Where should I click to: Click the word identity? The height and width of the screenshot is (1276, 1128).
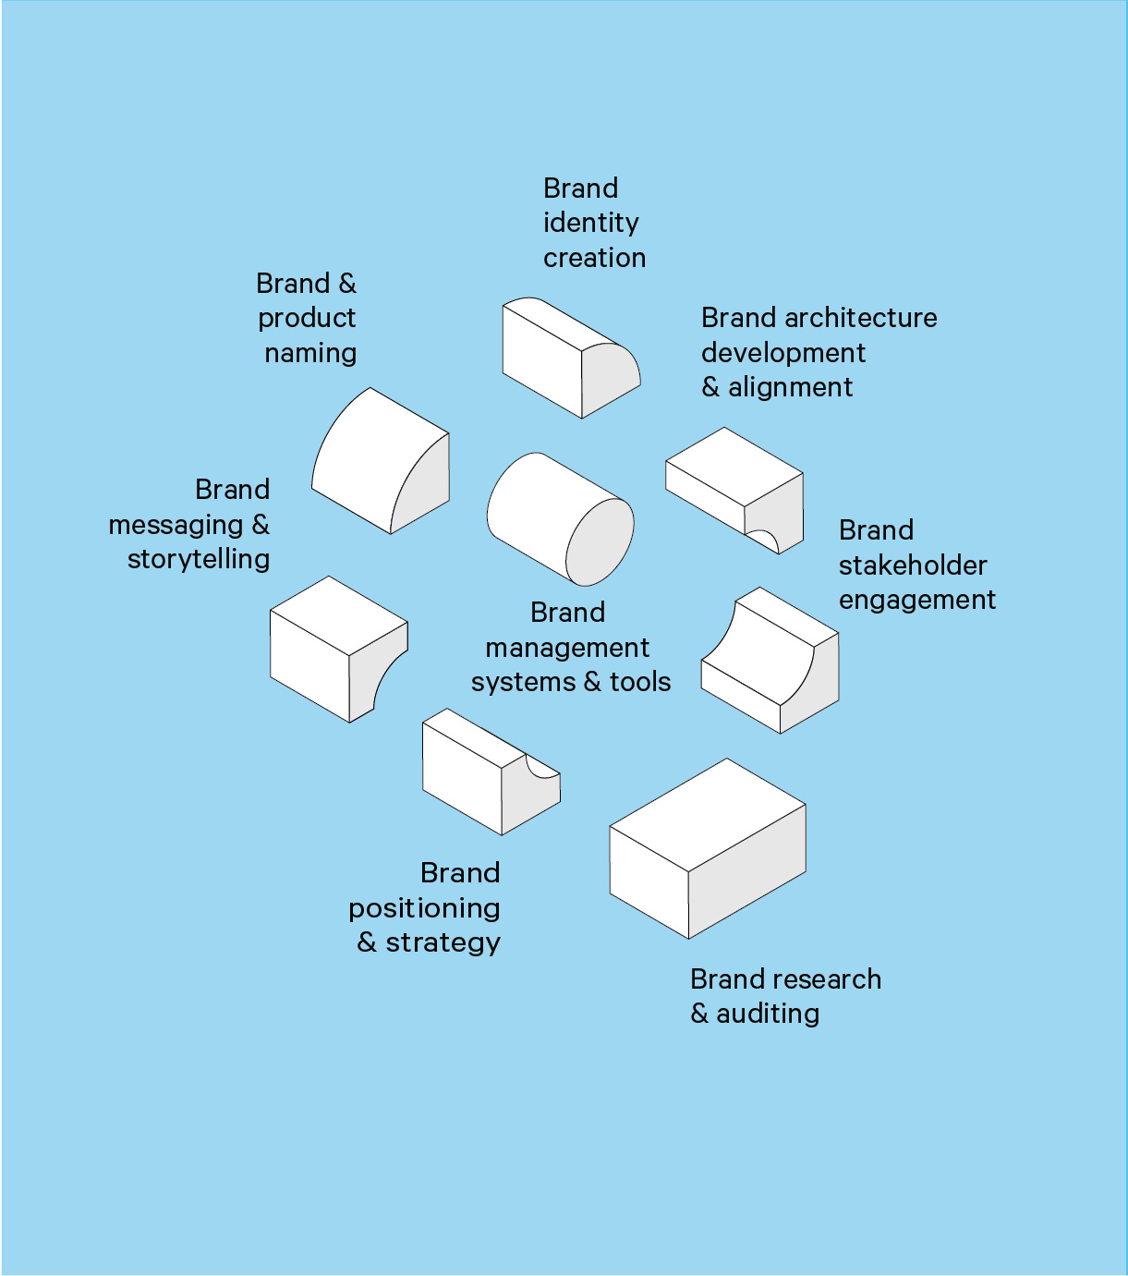[x=590, y=223]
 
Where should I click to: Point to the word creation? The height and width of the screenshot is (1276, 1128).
[x=594, y=258]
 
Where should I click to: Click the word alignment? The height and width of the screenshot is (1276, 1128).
[x=790, y=387]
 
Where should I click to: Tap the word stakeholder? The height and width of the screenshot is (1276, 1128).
[x=913, y=565]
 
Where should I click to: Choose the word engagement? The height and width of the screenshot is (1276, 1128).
[x=916, y=601]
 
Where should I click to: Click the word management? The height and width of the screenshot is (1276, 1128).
[x=567, y=648]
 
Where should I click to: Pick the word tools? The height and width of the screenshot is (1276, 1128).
[x=640, y=682]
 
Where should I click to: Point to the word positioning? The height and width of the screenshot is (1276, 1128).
[x=424, y=908]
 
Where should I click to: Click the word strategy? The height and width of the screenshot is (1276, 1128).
[x=443, y=942]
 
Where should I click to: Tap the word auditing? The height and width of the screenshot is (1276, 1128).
[x=768, y=1014]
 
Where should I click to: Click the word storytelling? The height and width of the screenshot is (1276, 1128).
[x=199, y=559]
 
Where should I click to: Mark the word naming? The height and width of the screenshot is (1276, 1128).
[x=310, y=353]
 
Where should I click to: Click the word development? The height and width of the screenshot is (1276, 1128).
[x=783, y=353]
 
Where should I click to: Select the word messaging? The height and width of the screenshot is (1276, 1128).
[x=176, y=525]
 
